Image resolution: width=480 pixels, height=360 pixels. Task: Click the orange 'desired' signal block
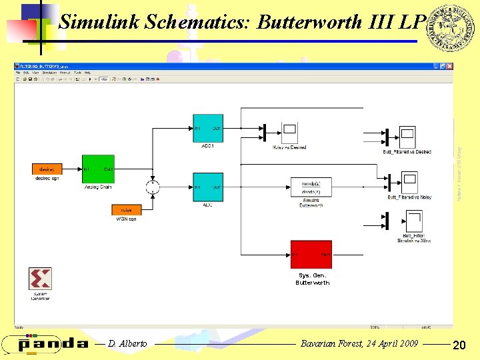(47, 169)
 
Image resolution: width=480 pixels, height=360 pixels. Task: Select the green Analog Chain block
(98, 169)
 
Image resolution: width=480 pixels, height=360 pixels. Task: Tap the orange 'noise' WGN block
(126, 210)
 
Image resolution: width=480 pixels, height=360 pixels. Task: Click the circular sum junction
(153, 187)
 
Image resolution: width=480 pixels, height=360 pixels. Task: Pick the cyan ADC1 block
(208, 128)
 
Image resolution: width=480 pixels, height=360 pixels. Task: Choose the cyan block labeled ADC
(208, 187)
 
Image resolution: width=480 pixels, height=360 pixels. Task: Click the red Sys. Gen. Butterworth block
(311, 255)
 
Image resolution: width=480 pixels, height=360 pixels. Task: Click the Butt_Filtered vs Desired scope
(407, 137)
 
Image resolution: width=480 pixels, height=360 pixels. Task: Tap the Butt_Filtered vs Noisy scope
(409, 182)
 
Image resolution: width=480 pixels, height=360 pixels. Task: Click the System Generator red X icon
(40, 278)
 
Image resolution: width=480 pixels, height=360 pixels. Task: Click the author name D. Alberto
(127, 343)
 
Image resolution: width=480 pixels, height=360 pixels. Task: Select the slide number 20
(458, 345)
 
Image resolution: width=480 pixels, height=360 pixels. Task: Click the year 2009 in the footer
(407, 343)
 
